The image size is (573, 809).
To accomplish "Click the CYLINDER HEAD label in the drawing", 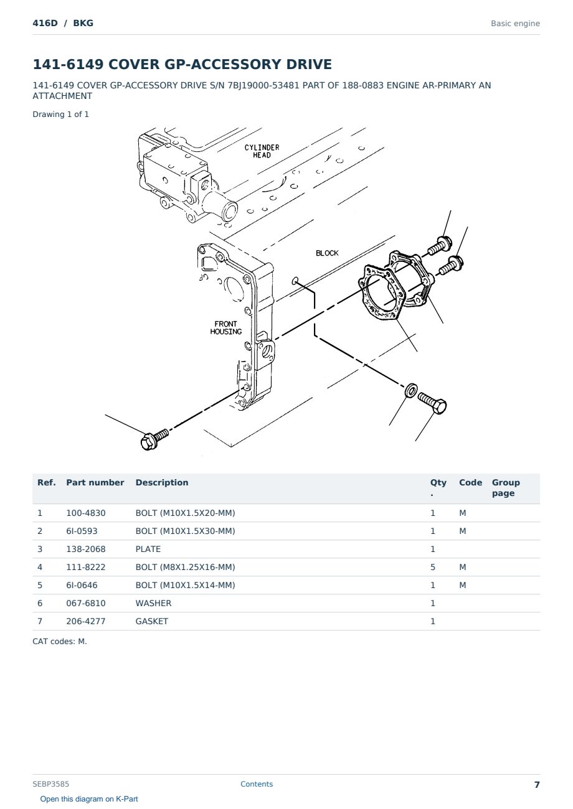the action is coord(262,151).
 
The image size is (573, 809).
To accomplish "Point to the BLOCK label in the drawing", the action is coord(327,253).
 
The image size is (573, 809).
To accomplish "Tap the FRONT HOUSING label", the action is coord(226,327).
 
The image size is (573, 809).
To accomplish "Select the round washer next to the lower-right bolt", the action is coord(411,390).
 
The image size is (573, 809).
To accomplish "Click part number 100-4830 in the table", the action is coord(86,513).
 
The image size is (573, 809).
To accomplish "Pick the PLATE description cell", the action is coord(148,549).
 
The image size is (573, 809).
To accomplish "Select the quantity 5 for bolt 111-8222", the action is coord(433,567).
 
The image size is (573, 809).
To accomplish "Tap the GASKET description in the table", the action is coord(151,621).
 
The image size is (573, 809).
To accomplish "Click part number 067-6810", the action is coord(86,603).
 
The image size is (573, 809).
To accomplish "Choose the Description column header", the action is coord(161,482).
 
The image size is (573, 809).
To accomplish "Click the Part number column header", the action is coord(95,482).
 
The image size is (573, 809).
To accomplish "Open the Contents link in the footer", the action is coord(257,784).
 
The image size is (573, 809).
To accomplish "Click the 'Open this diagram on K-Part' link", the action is coord(89,799).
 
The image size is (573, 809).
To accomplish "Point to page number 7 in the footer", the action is coord(537,785).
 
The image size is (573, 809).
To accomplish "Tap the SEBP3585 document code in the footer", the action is coord(50,784).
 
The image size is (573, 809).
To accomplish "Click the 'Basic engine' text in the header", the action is coord(515,24).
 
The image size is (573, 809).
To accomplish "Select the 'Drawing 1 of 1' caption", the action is coord(60,115).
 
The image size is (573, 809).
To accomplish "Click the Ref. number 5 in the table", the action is coord(40,585).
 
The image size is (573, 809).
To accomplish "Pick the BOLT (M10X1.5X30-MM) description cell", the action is coord(185,531).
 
